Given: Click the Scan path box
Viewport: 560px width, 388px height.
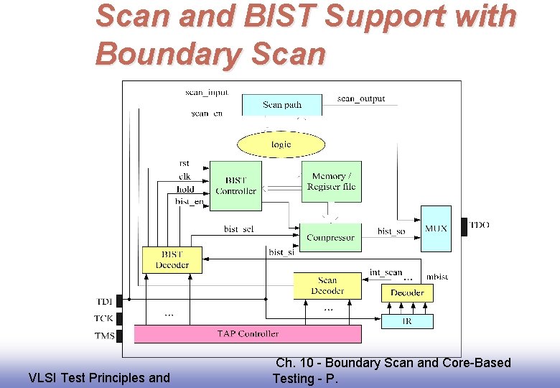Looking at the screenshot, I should (282, 105).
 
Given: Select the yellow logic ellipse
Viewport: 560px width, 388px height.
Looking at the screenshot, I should (281, 144).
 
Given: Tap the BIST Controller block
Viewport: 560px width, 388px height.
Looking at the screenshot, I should (235, 185).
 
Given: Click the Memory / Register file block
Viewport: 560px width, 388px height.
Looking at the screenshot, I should (331, 181).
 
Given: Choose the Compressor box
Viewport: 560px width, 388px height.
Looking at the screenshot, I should (330, 236).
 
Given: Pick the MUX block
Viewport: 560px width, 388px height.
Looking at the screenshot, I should (436, 228).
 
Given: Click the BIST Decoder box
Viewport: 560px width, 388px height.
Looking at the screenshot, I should (172, 260).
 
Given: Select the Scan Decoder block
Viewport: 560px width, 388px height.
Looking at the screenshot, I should (327, 285).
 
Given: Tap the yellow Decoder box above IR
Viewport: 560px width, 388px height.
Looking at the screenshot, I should (407, 292).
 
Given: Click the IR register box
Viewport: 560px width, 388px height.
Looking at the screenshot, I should (407, 321).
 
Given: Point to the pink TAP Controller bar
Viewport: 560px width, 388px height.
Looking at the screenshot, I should (248, 333).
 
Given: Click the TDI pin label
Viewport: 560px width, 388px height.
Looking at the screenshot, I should (104, 301).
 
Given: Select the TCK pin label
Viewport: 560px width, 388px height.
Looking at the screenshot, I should (104, 318).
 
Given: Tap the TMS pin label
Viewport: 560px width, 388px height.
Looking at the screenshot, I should (104, 336).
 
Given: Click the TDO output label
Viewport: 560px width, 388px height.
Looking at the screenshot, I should (479, 225).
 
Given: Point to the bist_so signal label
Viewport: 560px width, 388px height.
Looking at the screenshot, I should (391, 231).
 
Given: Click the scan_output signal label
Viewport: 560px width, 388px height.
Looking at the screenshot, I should (361, 98).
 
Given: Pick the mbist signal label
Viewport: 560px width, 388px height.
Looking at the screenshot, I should (437, 277).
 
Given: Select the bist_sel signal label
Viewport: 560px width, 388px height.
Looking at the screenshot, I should (238, 229).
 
